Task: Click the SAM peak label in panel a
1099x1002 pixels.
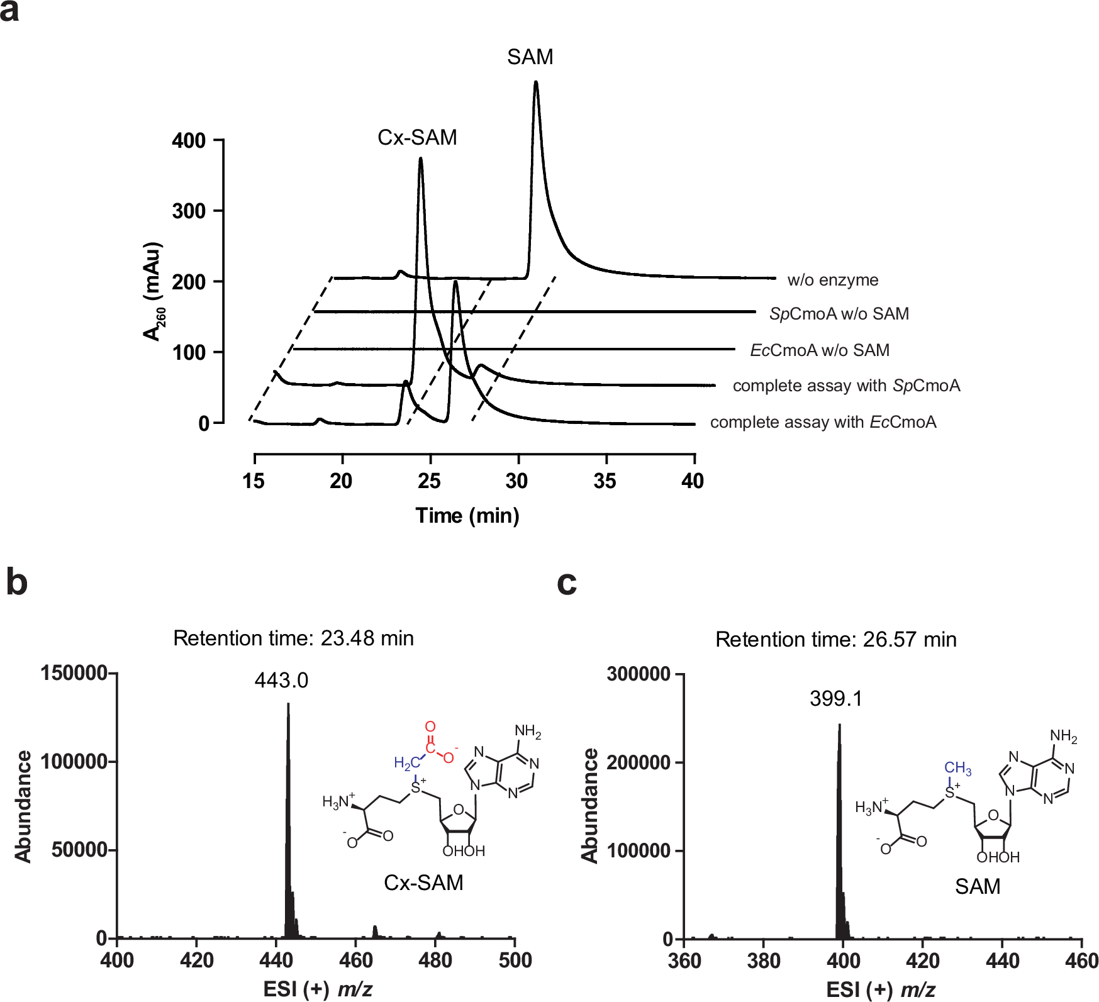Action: [530, 57]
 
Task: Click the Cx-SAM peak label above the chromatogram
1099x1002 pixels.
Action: [417, 137]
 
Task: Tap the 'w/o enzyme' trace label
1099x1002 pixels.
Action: [832, 280]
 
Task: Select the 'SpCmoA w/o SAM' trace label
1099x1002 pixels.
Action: [839, 314]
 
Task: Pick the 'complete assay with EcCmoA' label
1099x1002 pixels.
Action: [823, 422]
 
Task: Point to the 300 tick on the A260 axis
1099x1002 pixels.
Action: [189, 211]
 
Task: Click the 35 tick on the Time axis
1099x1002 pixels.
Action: [605, 481]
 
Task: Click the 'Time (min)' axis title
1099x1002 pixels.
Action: [467, 516]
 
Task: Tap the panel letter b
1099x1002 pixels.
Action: [17, 582]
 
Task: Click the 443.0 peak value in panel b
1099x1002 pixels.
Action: [281, 681]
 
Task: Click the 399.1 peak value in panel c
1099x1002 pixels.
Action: [836, 699]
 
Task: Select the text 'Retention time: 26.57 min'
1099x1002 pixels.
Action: [835, 640]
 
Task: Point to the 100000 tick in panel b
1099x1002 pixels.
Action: [74, 762]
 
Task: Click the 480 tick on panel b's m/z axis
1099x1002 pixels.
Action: [435, 960]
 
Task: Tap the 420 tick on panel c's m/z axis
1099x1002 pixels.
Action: [922, 961]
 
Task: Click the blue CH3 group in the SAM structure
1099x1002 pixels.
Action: [957, 768]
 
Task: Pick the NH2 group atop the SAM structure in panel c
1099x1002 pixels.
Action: [1063, 736]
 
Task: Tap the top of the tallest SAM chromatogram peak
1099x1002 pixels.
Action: [535, 82]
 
